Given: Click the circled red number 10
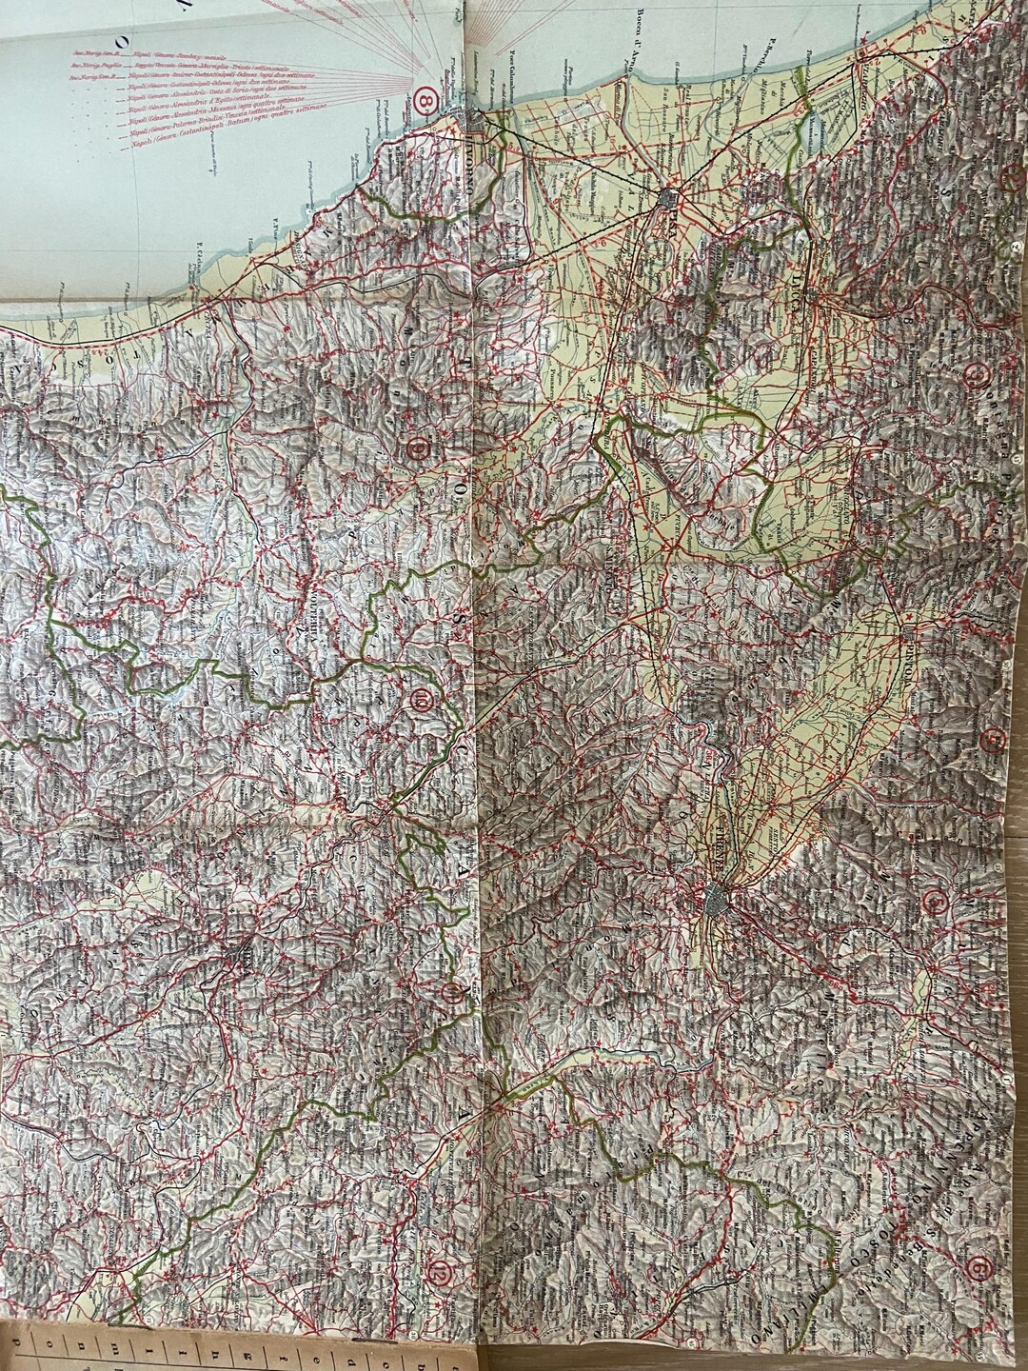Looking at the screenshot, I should pyautogui.click(x=423, y=703).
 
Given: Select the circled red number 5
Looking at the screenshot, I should pyautogui.click(x=939, y=898).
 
